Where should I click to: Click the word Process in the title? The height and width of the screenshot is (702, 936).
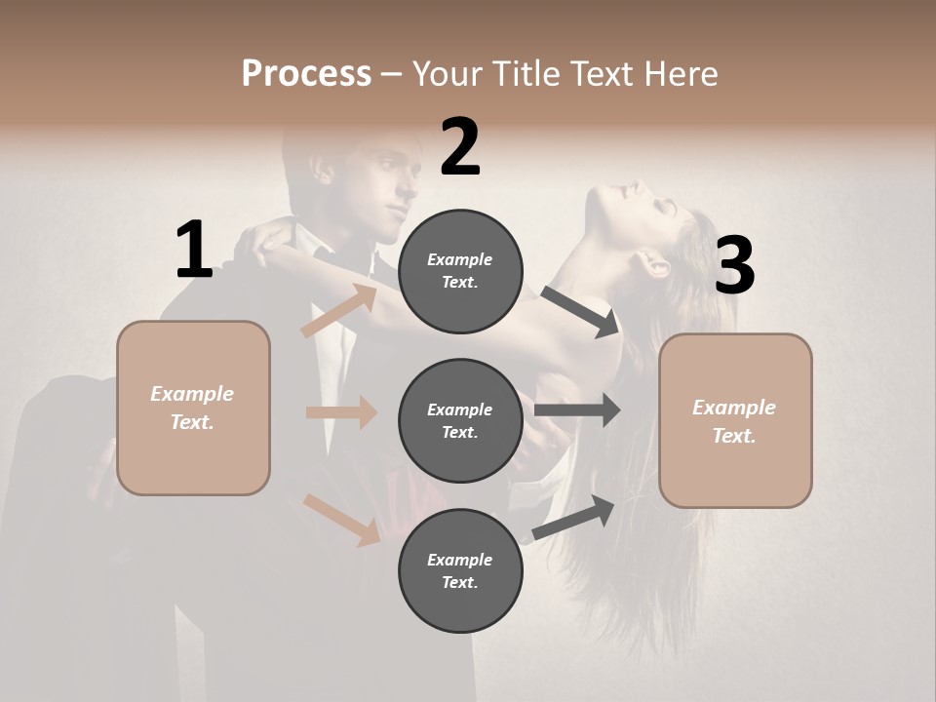coord(306,73)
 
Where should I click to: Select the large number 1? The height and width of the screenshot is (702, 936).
coord(194,251)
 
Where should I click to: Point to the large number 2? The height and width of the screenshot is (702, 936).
coord(460,147)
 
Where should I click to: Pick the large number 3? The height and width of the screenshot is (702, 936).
coord(734,265)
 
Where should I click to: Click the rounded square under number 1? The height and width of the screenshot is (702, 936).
coord(193,408)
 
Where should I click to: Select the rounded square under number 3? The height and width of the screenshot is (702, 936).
coord(735,420)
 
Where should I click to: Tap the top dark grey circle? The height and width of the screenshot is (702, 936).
coord(460,271)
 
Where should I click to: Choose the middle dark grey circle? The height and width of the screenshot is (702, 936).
coord(460,420)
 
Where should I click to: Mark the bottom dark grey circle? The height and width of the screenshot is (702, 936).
coord(460,570)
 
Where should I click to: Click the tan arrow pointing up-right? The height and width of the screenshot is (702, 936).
coord(339,311)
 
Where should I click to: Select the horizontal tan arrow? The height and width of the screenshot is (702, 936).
coord(341,412)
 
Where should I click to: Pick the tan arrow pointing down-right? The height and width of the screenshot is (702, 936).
coord(342,519)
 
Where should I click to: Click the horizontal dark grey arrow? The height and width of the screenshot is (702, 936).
coord(577,410)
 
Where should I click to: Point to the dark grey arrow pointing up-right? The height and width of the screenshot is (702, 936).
coord(573,517)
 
